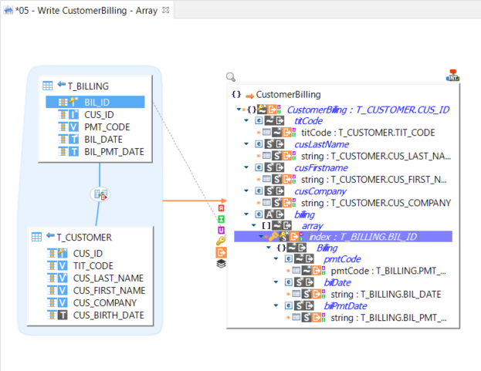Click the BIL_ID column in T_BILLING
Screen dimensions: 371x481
click(x=97, y=102)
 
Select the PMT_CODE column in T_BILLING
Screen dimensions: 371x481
click(x=107, y=126)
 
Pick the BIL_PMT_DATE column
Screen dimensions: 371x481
click(x=113, y=151)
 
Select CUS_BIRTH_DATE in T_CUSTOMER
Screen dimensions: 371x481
click(x=109, y=315)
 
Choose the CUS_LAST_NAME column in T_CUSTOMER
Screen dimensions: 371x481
click(x=109, y=278)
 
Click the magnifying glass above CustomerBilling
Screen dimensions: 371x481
click(x=231, y=77)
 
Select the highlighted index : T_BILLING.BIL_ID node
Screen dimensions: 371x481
click(x=362, y=237)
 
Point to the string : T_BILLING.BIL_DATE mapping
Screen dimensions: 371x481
click(x=385, y=295)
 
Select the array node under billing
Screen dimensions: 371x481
click(x=312, y=225)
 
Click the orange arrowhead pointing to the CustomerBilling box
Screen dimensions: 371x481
click(x=214, y=202)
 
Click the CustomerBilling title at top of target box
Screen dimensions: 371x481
click(x=288, y=94)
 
